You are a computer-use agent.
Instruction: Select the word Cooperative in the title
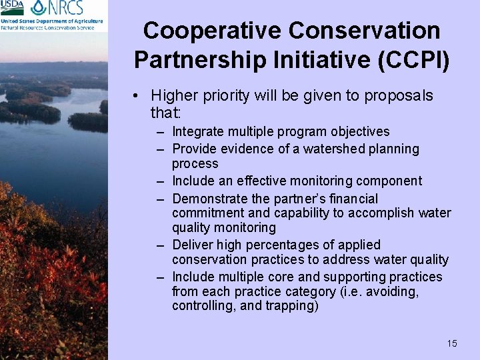(213, 31)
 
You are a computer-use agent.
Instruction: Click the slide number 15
(452, 343)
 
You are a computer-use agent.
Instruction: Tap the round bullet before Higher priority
(136, 96)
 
